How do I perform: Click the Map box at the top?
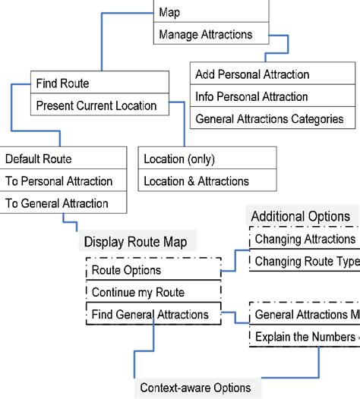[x=210, y=12]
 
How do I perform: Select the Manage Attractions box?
[x=210, y=34]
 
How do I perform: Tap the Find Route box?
[x=99, y=83]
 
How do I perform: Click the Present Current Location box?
[x=99, y=105]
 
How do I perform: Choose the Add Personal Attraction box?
[x=273, y=74]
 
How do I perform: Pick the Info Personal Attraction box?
[x=273, y=96]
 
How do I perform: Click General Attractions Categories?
[x=273, y=119]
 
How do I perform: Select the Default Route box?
[x=64, y=159]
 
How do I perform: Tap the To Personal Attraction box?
[x=64, y=181]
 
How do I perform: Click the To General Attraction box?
[x=64, y=203]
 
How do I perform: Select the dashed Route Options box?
[x=153, y=270]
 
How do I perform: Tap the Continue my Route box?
[x=153, y=292]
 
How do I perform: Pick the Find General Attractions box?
[x=153, y=314]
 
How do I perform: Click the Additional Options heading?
[x=301, y=216]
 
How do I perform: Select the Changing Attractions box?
[x=304, y=240]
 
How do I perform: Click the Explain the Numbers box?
[x=304, y=337]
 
